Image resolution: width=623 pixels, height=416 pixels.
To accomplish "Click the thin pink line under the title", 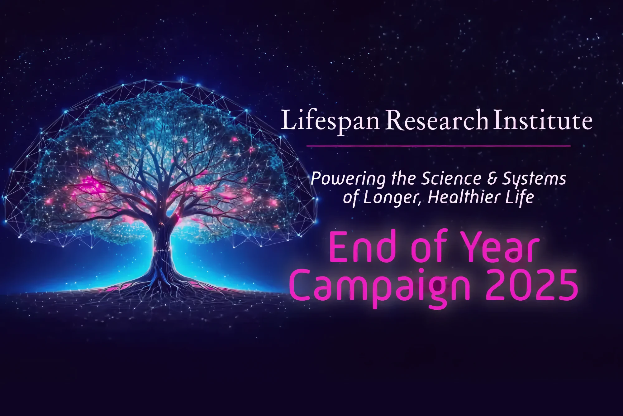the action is point(439,146).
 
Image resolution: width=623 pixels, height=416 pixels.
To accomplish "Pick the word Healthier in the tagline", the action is point(467,197).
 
